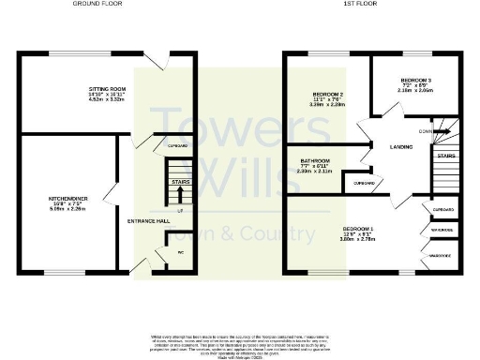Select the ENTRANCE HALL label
click(148, 220)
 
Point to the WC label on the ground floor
click(167, 251)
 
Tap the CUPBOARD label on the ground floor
click(177, 147)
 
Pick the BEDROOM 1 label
click(357, 230)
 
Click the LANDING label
click(390, 145)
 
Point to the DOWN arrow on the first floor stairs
click(431, 131)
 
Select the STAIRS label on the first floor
click(446, 156)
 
